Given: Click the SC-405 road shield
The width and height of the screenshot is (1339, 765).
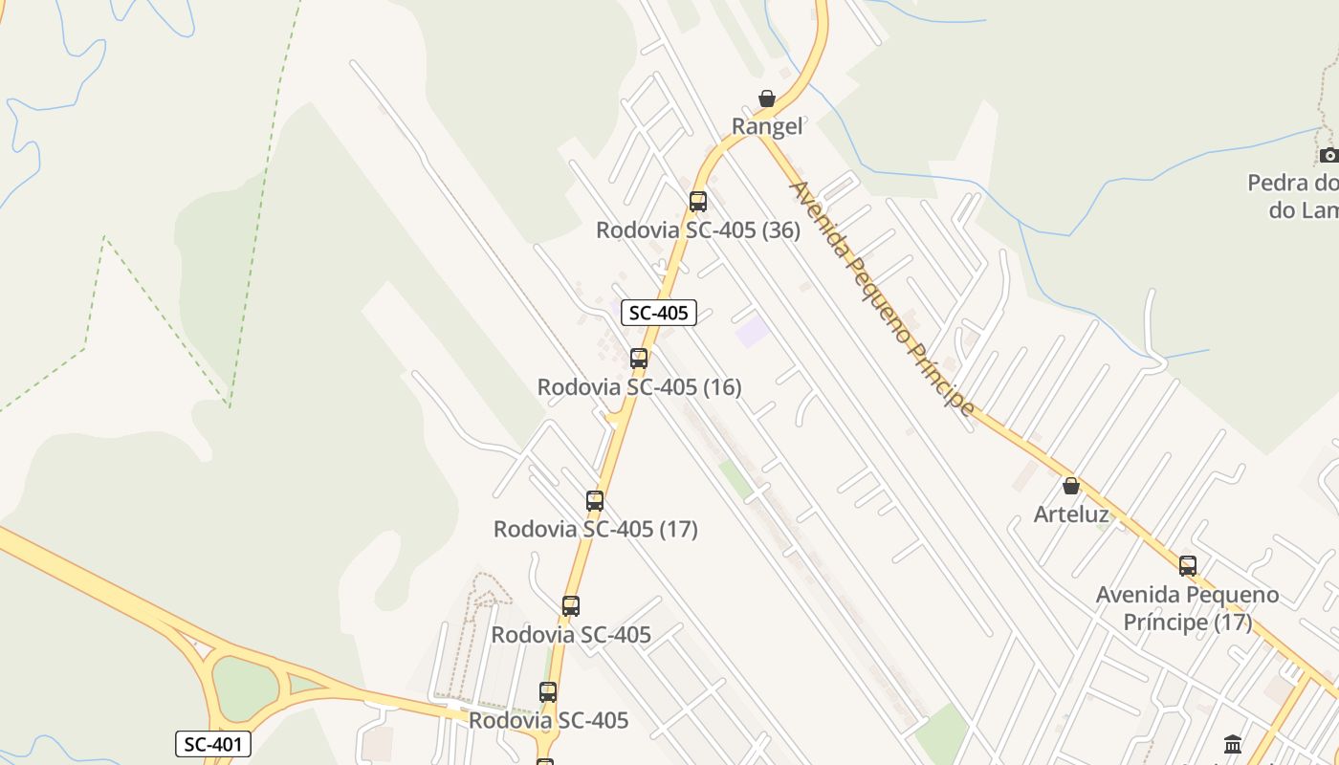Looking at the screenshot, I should (659, 313).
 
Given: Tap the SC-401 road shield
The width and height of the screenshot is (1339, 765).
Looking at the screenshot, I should (213, 744).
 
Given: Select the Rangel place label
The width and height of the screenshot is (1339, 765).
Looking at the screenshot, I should (767, 126).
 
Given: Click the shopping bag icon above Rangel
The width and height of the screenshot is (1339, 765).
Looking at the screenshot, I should (766, 98).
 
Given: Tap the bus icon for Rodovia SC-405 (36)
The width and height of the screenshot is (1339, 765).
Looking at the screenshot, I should (698, 202).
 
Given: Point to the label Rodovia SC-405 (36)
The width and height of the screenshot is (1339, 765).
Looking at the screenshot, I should (698, 230).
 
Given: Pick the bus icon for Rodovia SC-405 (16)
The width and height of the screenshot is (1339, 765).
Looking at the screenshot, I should (639, 359).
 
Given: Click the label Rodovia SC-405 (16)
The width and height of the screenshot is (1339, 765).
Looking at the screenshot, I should (639, 387).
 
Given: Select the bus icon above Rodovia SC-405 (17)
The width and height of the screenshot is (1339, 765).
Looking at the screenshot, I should (595, 501).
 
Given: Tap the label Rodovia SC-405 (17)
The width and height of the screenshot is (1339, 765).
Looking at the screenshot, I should (595, 529).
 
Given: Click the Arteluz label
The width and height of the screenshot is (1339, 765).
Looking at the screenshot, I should (1071, 514).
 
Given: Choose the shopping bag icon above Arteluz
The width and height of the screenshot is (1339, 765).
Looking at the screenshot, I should (1071, 487).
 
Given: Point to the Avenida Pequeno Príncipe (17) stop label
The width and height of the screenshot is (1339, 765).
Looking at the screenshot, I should (1187, 608).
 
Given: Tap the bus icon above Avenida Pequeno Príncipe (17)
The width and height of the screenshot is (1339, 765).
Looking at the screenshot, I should (1188, 566).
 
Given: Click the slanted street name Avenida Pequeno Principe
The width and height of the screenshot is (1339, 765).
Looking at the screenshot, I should (881, 297).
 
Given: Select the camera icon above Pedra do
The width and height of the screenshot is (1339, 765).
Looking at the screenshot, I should (1328, 155).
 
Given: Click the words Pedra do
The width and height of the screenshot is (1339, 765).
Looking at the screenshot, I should (1292, 183).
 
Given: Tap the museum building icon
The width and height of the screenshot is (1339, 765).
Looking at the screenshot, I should (1233, 744).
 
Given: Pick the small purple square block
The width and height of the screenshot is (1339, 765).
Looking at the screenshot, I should (753, 332).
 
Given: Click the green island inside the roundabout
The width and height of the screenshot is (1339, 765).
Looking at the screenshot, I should (244, 688).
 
